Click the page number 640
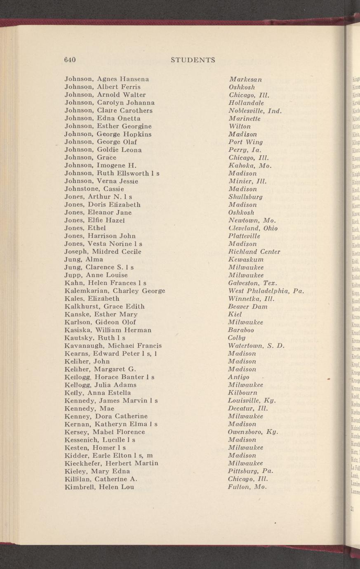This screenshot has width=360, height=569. coord(70,60)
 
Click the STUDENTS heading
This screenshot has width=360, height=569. coord(193,60)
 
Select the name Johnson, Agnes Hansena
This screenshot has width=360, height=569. coord(107,79)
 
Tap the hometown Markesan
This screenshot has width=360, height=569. coord(245,79)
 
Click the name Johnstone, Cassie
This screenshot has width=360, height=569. coord(92,189)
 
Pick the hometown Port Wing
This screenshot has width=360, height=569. coord(245,142)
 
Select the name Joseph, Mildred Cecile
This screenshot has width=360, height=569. coord(103,252)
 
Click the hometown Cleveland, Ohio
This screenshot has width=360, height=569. coord(253,228)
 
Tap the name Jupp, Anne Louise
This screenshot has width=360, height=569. coord(96,275)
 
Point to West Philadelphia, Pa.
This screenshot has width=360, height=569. coord(266,291)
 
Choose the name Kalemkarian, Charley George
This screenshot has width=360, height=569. coord(115,291)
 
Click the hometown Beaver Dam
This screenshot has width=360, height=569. coord(248,307)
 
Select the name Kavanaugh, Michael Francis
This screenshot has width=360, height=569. coord(113,346)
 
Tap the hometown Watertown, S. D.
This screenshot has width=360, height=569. coord(256,346)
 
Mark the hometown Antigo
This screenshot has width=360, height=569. coord(238,377)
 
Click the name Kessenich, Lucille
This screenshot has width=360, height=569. coord(100,440)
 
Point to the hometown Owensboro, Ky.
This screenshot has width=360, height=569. coord(253,432)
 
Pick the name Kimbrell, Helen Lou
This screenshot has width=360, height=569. coord(99,487)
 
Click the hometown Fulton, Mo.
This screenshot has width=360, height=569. coord(247,487)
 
